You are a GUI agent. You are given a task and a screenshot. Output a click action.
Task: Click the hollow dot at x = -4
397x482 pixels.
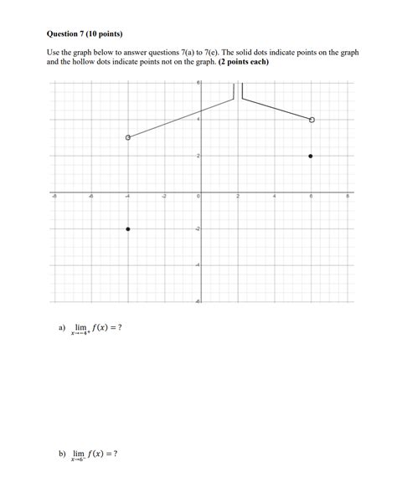pos(127,137)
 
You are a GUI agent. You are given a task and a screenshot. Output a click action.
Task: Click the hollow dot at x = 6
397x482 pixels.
pos(312,120)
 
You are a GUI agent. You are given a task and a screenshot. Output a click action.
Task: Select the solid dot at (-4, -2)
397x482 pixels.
pos(127,228)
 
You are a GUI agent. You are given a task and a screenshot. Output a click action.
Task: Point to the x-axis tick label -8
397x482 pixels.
pos(55,196)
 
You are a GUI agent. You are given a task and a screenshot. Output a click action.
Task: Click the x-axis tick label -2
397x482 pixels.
pos(164,196)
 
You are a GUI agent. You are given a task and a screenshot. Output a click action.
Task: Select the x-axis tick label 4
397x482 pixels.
pos(275,196)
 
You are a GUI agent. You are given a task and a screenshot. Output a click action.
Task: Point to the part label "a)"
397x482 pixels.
pos(62,327)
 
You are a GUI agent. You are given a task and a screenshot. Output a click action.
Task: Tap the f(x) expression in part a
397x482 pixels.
pos(103,327)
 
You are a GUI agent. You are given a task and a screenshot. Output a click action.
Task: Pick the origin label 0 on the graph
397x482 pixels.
pos(198,196)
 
